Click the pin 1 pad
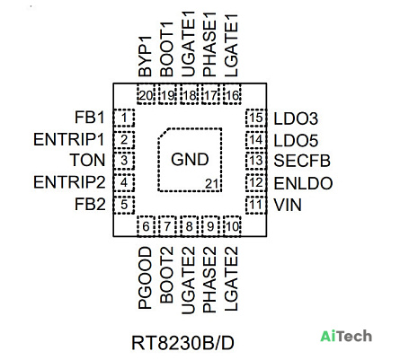tap(124, 118)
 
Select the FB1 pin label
tap(90, 117)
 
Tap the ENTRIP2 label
tap(69, 182)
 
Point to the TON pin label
tap(87, 160)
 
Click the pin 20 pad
tap(146, 94)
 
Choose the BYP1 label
tap(146, 57)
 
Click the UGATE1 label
tap(189, 44)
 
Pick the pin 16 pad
tap(232, 94)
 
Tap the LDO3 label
tap(296, 119)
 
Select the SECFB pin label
tap(302, 161)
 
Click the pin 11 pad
tap(256, 205)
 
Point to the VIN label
tap(288, 205)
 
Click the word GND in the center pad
tap(190, 159)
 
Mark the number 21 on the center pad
tap(212, 184)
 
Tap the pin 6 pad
tap(146, 226)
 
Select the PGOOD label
tap(146, 277)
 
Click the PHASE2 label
tap(209, 280)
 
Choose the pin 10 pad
tap(232, 226)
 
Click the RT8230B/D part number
tap(182, 343)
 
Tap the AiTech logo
tap(346, 336)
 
